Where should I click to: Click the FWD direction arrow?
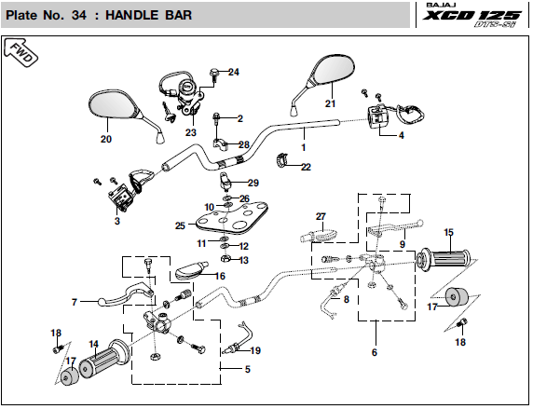pyautogui.click(x=20, y=53)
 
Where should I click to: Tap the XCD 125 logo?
pyautogui.click(x=471, y=16)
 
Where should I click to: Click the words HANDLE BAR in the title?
pyautogui.click(x=148, y=15)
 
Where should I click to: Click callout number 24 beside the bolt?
pyautogui.click(x=234, y=72)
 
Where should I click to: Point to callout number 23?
pyautogui.click(x=191, y=132)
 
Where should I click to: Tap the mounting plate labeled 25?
pyautogui.click(x=232, y=219)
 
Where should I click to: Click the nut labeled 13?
pyautogui.click(x=225, y=259)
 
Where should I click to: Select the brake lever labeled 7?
pyautogui.click(x=126, y=293)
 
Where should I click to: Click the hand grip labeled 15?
pyautogui.click(x=444, y=260)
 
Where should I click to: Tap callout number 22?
pyautogui.click(x=306, y=167)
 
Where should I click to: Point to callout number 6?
pyautogui.click(x=375, y=352)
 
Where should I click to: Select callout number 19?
pyautogui.click(x=255, y=350)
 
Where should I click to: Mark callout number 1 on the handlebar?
pyautogui.click(x=304, y=147)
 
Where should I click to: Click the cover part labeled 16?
pyautogui.click(x=191, y=270)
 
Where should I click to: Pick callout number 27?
pyautogui.click(x=321, y=216)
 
